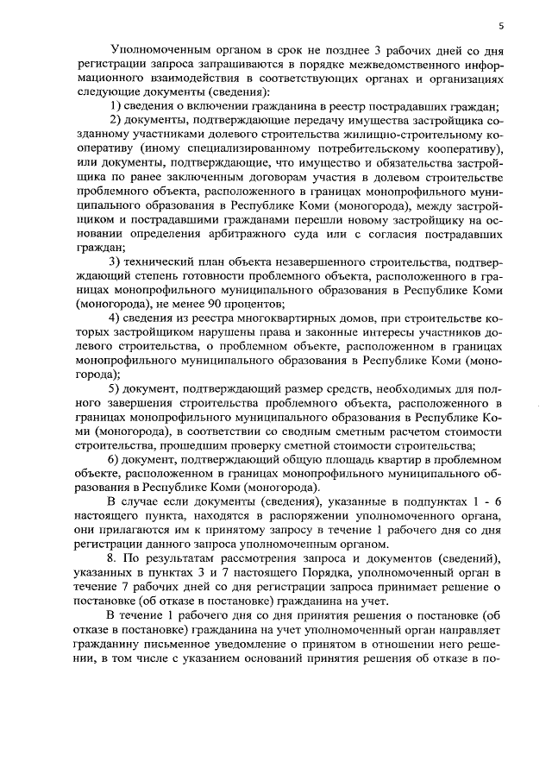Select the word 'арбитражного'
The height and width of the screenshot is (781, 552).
pos(262,233)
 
